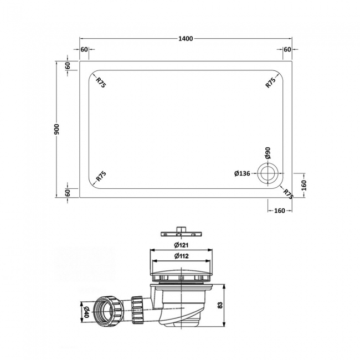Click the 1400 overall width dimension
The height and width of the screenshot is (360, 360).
[186, 39]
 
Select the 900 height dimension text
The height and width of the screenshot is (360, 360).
[56, 129]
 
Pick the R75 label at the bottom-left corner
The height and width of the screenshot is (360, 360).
[101, 177]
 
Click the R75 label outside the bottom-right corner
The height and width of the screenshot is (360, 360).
[287, 193]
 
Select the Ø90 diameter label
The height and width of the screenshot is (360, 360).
[268, 153]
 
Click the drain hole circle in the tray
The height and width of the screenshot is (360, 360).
[270, 173]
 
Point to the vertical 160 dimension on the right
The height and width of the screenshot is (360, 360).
[304, 184]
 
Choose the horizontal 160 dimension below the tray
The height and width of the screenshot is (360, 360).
[279, 210]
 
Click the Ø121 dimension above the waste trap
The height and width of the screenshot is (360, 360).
[180, 245]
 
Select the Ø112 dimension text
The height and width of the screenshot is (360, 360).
[180, 255]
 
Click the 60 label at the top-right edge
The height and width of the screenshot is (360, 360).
[287, 50]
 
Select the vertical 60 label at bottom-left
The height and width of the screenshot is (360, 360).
[68, 192]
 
